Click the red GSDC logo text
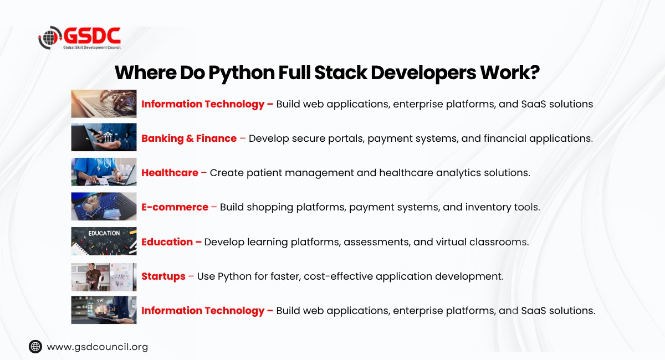click(x=93, y=35)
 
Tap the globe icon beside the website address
click(x=35, y=347)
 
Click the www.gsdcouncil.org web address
click(x=98, y=347)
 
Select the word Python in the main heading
click(x=242, y=73)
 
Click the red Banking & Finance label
click(x=189, y=138)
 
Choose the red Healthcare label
click(x=170, y=172)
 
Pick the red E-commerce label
click(x=175, y=207)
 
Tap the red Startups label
click(x=163, y=276)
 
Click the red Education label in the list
click(x=167, y=242)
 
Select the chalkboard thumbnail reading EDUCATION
click(x=104, y=241)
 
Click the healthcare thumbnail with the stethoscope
click(x=104, y=172)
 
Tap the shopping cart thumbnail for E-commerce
click(x=104, y=206)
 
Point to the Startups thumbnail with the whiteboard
click(x=104, y=277)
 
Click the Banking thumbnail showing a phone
click(x=104, y=137)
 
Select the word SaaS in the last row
click(x=534, y=311)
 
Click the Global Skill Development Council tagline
click(x=92, y=48)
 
